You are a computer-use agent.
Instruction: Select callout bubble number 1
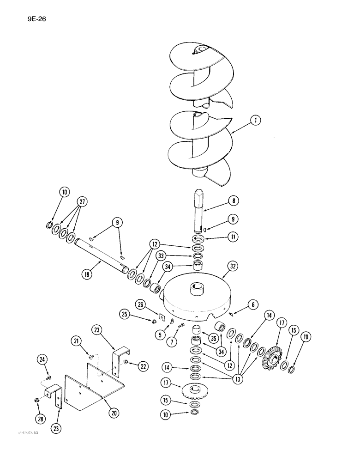[254, 121]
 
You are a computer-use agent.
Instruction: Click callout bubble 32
[232, 266]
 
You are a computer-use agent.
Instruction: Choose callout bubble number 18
[85, 274]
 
